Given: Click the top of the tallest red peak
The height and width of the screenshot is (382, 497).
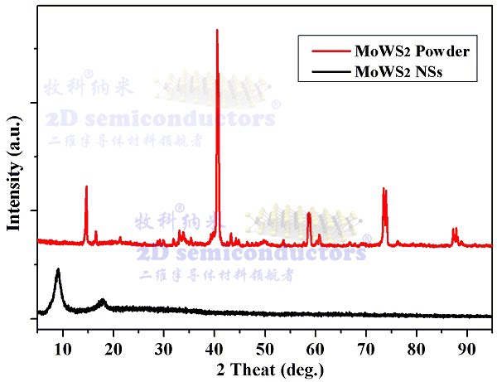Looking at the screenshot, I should (217, 30).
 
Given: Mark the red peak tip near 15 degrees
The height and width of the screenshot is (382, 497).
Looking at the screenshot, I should (86, 186).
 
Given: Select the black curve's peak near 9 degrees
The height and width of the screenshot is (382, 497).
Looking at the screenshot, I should (58, 269).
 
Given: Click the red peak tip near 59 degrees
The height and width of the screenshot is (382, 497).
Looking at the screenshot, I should (309, 213).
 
